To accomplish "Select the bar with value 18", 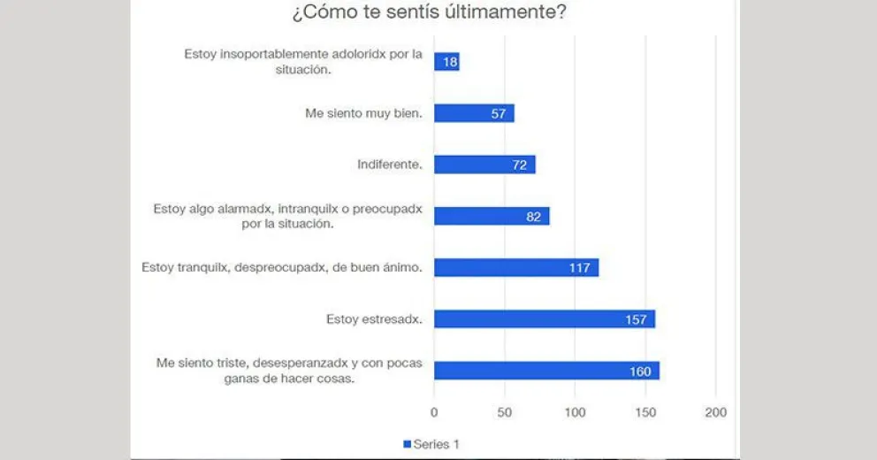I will tap(446, 62).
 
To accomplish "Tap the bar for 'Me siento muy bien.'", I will tap(474, 113).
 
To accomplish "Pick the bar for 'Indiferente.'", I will tap(484, 165).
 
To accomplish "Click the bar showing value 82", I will tap(492, 216).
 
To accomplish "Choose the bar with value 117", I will tap(516, 267).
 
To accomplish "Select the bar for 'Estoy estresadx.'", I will tap(545, 318).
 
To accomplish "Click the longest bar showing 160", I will tap(546, 371).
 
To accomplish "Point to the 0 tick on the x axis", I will tap(434, 412).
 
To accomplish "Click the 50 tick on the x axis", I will tap(505, 412).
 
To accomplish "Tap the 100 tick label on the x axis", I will tap(575, 412).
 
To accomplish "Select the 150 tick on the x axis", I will tap(645, 412).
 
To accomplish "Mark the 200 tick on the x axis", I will tap(715, 412).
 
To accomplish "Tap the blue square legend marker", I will tap(408, 444).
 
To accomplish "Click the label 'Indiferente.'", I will tap(390, 165).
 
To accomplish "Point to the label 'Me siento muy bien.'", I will tap(363, 113).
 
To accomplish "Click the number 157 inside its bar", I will tap(637, 319).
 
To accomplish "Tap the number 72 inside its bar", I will tap(521, 165).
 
